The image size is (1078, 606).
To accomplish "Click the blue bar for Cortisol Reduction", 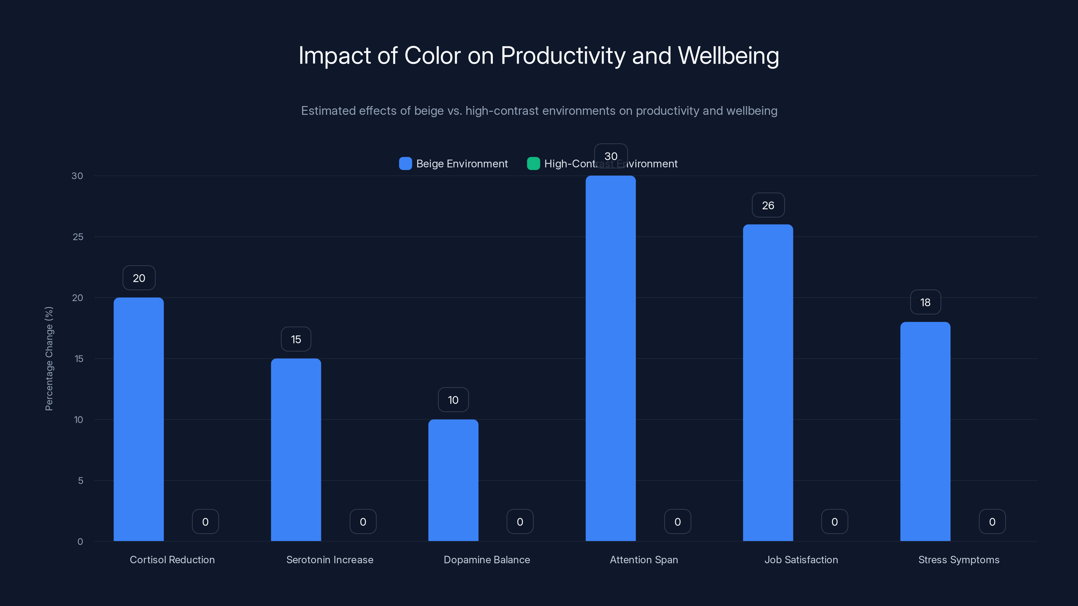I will (138, 419).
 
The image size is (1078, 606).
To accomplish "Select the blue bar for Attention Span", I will (610, 359).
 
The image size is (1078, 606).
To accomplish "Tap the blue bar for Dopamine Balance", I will (453, 480).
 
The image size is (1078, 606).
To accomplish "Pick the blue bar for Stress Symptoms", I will (925, 431).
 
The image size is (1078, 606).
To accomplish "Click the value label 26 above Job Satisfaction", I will (768, 205).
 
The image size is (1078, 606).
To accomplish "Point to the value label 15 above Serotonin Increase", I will (296, 339).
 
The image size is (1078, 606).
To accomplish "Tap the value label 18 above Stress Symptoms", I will (925, 302).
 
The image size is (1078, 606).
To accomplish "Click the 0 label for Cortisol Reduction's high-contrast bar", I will (205, 521).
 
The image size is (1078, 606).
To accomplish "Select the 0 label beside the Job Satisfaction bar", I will (834, 521).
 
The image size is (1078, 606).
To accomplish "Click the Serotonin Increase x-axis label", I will (330, 560).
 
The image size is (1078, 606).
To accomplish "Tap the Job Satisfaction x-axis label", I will (801, 560).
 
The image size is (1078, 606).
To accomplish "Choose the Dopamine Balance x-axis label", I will (487, 560).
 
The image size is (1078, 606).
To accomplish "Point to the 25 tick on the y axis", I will (78, 237).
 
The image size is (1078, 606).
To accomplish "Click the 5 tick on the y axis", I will (81, 480).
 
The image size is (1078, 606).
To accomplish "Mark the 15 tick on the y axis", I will (79, 359).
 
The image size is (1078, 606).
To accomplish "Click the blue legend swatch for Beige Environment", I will (405, 164).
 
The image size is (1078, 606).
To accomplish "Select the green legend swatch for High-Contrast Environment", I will (533, 164).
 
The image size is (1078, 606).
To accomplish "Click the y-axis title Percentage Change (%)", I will (49, 359).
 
